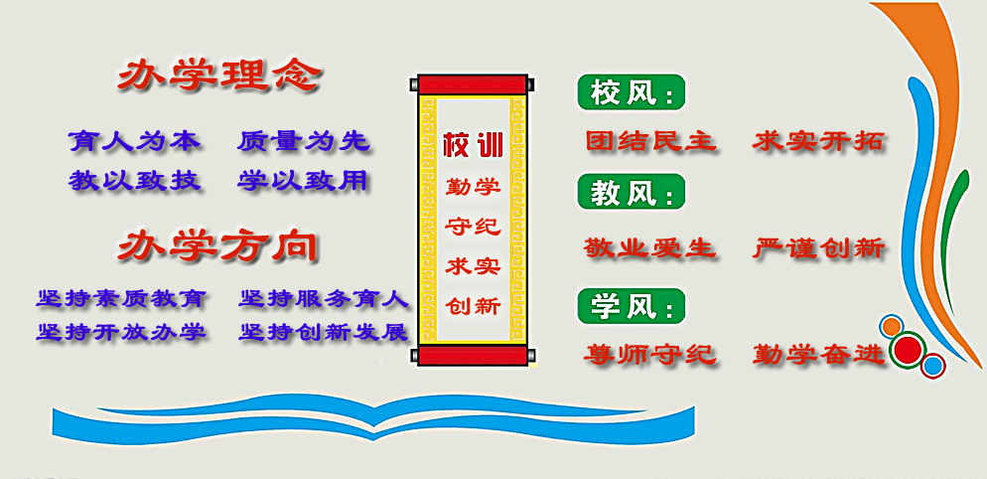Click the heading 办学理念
(x=219, y=78)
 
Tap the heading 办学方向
(x=217, y=246)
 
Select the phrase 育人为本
(x=135, y=141)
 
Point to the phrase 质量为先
(x=303, y=141)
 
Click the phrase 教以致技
(x=135, y=181)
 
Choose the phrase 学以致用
(x=303, y=181)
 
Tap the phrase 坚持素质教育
(x=121, y=298)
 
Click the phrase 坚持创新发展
(x=324, y=332)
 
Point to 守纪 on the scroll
(x=474, y=226)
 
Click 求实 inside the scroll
(x=474, y=266)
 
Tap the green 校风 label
(x=631, y=92)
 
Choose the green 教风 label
(x=631, y=192)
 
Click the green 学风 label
(x=631, y=306)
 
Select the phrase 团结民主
(x=650, y=140)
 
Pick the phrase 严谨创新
(x=819, y=247)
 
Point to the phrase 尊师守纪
(x=650, y=355)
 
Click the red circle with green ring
(x=907, y=349)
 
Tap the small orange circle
(x=892, y=327)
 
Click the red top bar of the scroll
(x=473, y=84)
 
